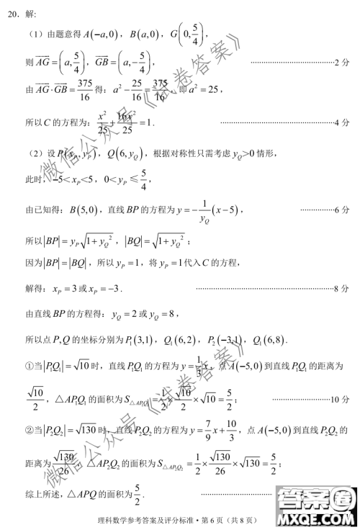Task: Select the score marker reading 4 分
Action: tap(342, 122)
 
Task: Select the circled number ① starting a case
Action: tap(30, 367)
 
